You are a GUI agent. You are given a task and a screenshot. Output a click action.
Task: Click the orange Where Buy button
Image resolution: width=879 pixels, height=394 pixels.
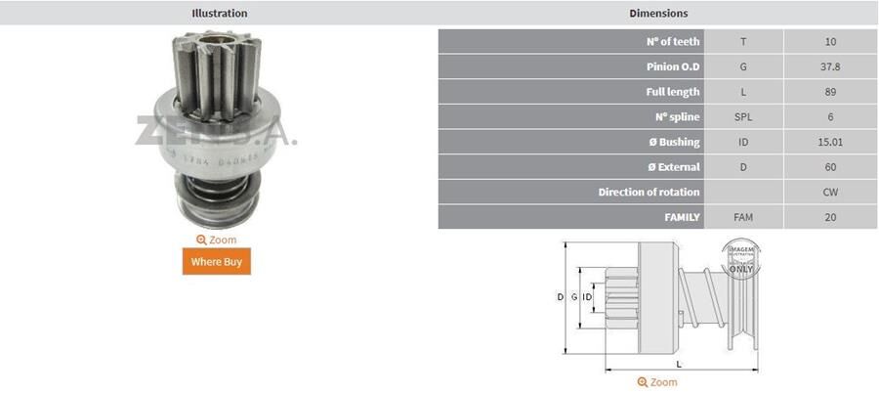click(x=216, y=261)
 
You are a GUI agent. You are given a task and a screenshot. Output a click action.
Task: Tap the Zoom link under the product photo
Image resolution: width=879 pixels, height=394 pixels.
click(x=217, y=240)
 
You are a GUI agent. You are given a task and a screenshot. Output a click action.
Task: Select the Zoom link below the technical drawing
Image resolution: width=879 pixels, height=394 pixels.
click(x=657, y=382)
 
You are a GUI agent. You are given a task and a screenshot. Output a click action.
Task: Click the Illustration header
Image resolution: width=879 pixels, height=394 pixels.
click(x=219, y=14)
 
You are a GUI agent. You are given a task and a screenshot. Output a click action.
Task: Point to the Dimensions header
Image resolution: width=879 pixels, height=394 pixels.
click(x=657, y=14)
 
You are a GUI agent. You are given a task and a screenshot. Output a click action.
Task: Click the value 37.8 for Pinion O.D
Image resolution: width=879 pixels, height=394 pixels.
click(x=830, y=67)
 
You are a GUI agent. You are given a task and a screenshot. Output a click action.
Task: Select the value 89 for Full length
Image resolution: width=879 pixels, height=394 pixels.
click(x=830, y=92)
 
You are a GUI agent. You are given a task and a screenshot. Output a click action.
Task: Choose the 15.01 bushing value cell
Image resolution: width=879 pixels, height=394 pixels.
click(x=830, y=143)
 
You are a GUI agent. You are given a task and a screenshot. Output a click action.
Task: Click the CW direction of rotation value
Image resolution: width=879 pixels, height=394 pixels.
click(x=830, y=193)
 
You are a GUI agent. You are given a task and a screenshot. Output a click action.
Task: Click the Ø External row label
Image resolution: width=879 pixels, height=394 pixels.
click(x=673, y=167)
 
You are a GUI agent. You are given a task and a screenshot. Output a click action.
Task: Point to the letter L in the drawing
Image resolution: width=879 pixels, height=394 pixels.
click(x=679, y=364)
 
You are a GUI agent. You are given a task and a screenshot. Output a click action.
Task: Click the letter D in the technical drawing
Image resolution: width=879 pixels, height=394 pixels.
click(x=560, y=296)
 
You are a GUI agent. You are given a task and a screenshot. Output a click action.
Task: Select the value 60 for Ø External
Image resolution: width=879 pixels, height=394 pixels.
click(x=830, y=167)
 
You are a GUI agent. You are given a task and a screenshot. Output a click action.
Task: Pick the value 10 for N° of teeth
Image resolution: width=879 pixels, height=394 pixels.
click(x=830, y=42)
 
